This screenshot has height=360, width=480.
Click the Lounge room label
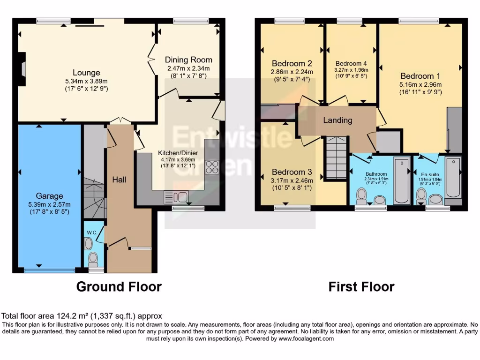point(86,73)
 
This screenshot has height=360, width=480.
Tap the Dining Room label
point(188,60)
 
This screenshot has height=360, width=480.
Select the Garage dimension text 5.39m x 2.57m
point(49,204)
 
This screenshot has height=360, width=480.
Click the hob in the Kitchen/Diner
point(212,167)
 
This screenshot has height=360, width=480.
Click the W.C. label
point(91,232)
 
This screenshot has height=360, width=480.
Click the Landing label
point(337,120)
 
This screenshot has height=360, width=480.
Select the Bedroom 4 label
point(351,63)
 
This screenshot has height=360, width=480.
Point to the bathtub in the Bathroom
point(401,181)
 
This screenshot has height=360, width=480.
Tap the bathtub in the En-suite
point(453,179)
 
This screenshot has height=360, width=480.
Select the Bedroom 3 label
point(292,171)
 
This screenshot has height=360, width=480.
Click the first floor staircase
point(336,157)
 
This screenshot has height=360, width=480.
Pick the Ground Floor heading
point(119,286)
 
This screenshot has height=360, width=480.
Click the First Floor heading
point(361,286)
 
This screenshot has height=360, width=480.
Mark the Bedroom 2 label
point(292,63)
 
